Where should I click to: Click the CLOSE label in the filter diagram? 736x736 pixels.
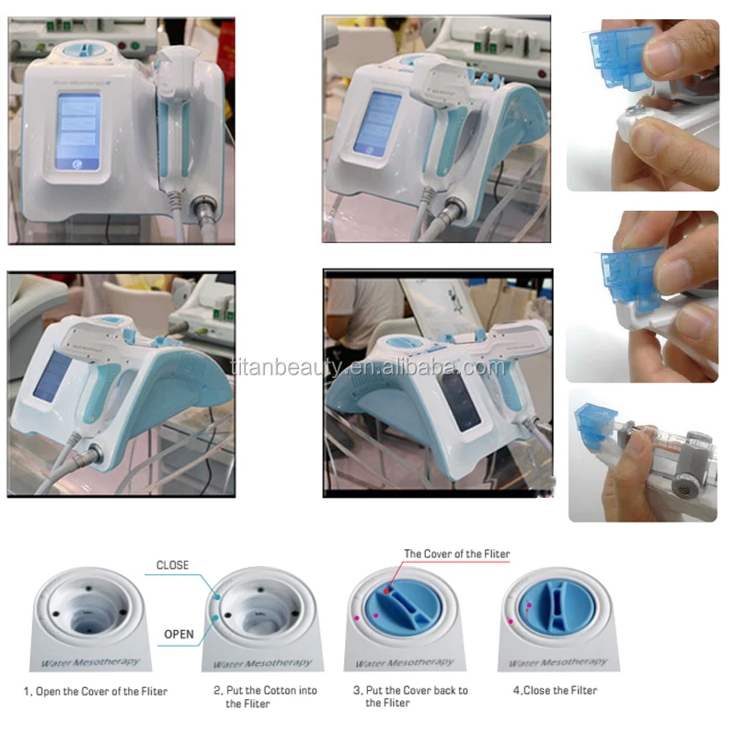click(x=172, y=566)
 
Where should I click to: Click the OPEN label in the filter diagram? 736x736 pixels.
click(x=178, y=634)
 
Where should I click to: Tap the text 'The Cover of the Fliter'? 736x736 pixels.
click(x=456, y=554)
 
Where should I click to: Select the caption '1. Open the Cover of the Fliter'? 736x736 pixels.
click(x=96, y=691)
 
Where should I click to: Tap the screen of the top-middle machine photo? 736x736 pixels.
click(x=380, y=123)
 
